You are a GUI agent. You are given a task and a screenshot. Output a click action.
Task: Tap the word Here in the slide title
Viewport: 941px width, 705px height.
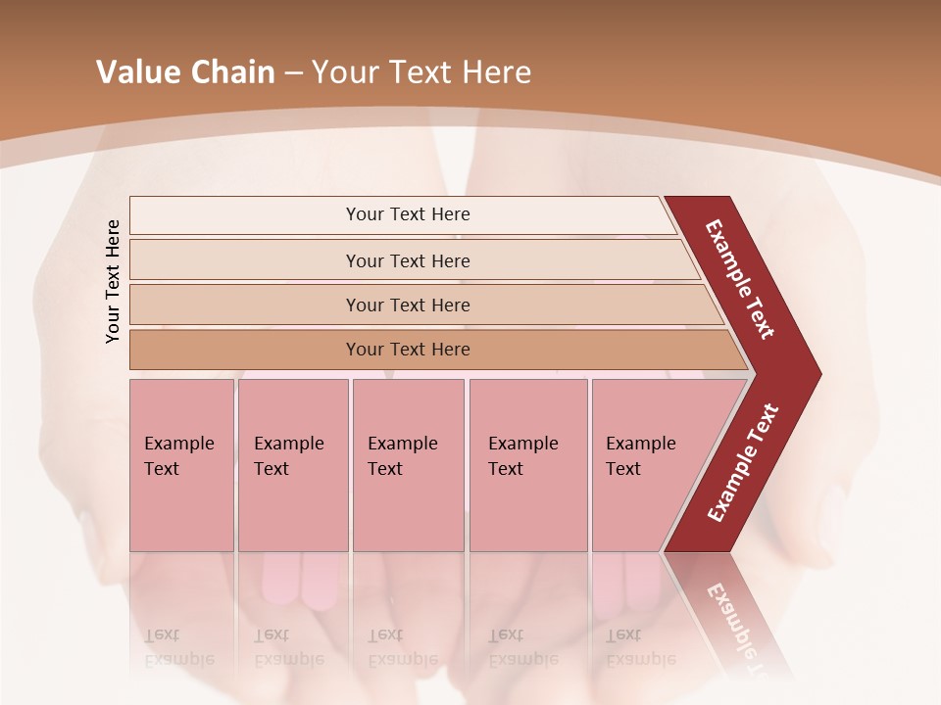point(496,72)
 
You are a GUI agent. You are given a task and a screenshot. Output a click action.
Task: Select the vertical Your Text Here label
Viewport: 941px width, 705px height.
point(113,281)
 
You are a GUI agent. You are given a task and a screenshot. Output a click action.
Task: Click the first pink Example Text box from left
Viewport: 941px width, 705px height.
point(181,465)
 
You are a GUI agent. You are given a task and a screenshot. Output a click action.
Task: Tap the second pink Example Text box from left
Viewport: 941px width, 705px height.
point(292,465)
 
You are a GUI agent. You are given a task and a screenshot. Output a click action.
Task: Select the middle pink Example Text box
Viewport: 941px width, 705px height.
point(408,465)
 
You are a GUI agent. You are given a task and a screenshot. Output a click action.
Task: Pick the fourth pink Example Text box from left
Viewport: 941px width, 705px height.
point(527,465)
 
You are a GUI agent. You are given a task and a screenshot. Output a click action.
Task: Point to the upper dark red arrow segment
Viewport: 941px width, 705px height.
point(741,279)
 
